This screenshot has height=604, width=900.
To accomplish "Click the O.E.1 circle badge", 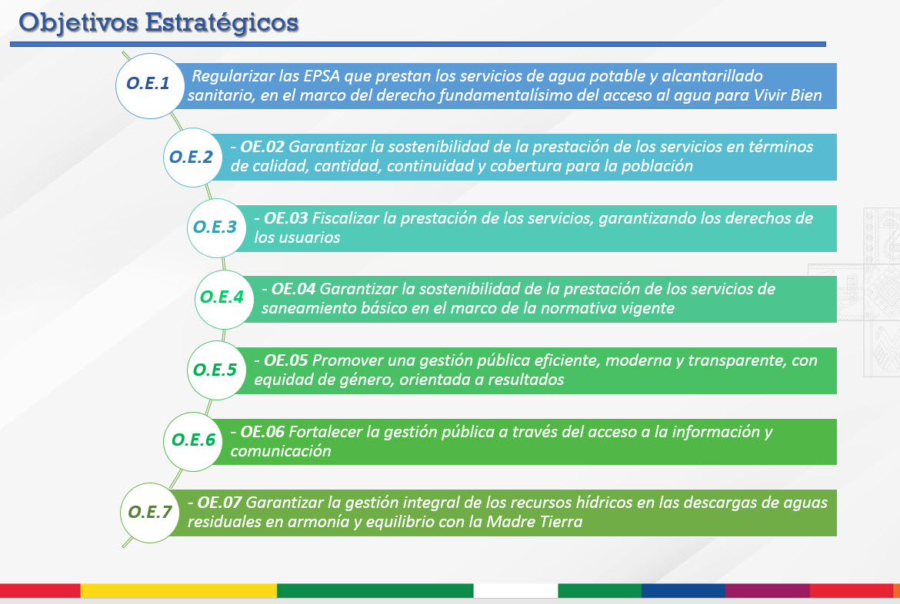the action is point(149,86).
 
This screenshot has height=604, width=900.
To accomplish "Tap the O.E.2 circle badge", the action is point(192,158).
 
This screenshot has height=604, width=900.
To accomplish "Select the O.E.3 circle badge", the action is point(216,227).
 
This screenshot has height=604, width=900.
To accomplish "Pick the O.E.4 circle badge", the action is point(224,299).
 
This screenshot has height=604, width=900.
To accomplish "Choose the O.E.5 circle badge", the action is point(216,370).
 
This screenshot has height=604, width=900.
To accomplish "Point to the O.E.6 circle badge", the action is point(193,441).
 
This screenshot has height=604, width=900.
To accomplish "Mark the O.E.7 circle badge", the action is point(150,513).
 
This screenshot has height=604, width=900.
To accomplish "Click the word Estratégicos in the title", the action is point(222,24).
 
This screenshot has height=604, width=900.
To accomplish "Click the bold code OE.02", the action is point(262,147).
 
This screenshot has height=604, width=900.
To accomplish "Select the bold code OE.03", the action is point(286,218).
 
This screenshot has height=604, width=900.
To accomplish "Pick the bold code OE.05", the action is point(286,360).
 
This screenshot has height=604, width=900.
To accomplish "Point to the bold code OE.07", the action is point(219,503).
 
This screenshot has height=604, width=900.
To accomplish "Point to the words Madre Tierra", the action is point(535,522).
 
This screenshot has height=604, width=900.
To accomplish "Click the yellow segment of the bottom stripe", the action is point(178,591).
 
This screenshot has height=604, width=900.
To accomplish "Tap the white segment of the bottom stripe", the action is point(515,591).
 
